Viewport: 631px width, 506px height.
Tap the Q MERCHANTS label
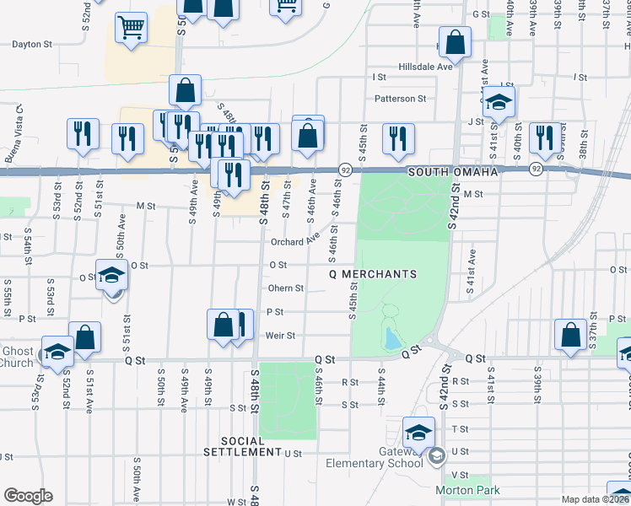[373, 274]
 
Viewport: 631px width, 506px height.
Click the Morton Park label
[467, 490]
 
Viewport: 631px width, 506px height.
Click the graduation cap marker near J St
[499, 103]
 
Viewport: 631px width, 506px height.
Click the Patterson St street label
[401, 99]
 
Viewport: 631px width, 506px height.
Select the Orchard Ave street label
[294, 242]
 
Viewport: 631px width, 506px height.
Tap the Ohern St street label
[286, 288]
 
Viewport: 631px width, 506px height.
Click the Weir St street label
[280, 335]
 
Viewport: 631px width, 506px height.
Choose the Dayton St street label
[34, 44]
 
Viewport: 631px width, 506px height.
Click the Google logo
[28, 496]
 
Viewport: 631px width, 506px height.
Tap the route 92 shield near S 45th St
[345, 170]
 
